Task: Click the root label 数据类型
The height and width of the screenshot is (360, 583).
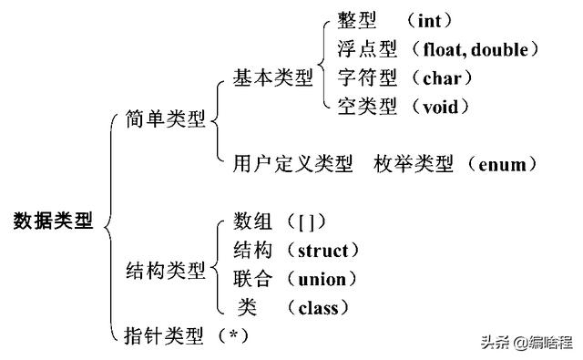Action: point(54,221)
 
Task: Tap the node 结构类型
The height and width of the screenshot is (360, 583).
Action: point(166,271)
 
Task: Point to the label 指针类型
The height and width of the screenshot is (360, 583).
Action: point(163,334)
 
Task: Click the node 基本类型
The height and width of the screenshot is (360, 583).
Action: point(271,79)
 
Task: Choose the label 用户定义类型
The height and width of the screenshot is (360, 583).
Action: point(291,164)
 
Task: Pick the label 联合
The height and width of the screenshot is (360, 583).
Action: point(252,279)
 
